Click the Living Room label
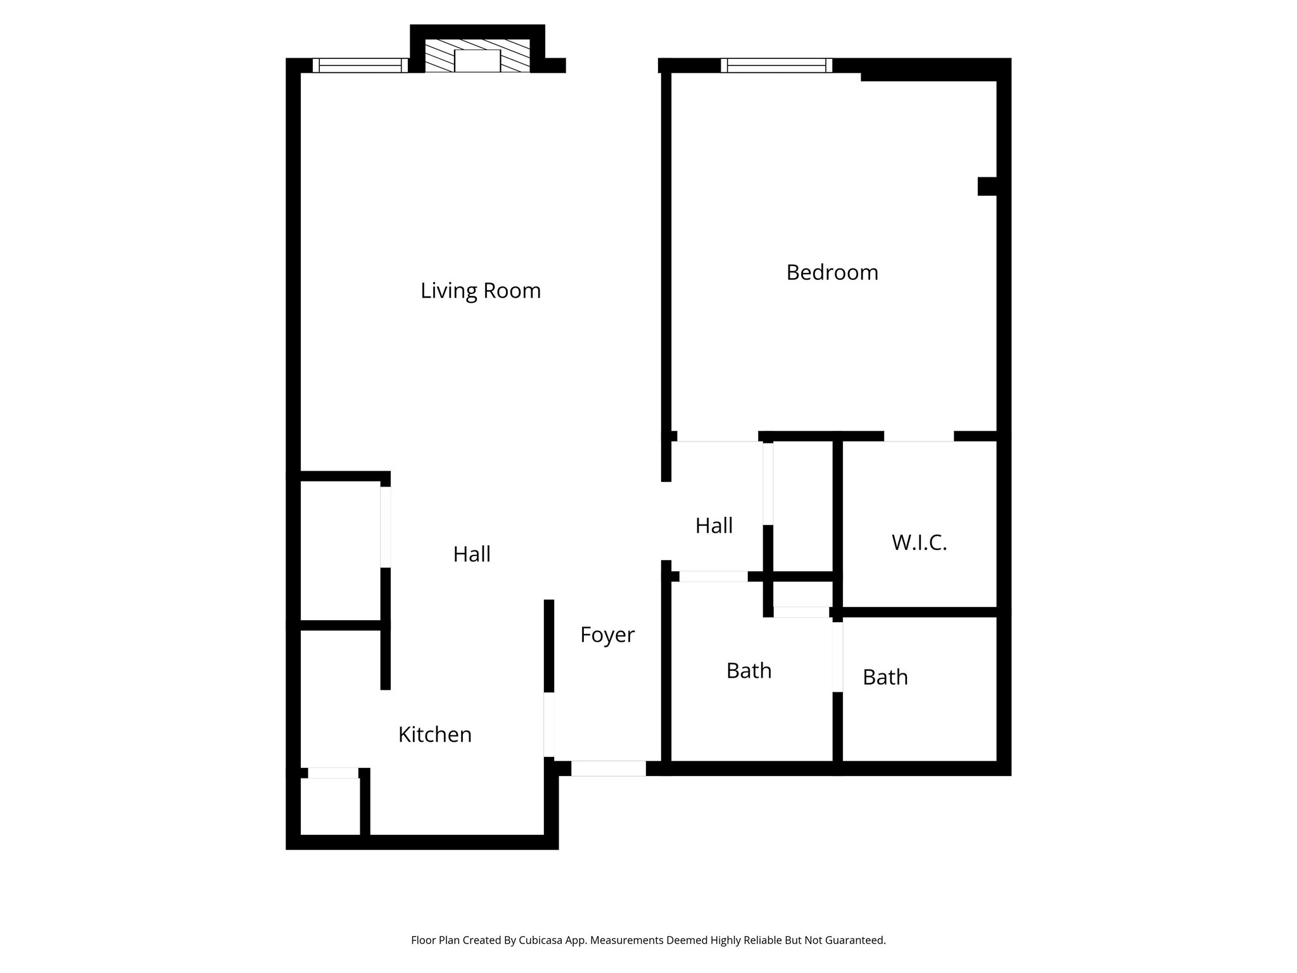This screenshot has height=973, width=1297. (481, 291)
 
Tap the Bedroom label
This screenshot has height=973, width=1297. (832, 272)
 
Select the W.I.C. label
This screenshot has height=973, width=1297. (919, 543)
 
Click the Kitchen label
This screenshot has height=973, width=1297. (435, 735)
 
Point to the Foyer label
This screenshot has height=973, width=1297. (607, 635)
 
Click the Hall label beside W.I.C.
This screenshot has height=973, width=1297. (714, 526)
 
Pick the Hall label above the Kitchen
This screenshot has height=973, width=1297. (472, 554)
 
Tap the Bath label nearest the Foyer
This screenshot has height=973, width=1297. (749, 671)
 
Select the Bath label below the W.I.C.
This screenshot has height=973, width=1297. (885, 678)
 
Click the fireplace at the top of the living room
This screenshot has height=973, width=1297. (478, 56)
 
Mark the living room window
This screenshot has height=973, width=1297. (360, 65)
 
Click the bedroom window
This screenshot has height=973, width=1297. (776, 65)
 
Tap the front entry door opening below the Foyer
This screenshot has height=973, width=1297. (609, 768)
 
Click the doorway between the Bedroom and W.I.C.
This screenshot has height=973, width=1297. (919, 436)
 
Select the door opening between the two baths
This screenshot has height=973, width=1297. (837, 657)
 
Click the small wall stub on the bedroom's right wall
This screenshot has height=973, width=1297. (987, 186)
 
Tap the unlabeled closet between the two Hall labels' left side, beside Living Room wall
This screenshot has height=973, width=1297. (340, 550)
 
